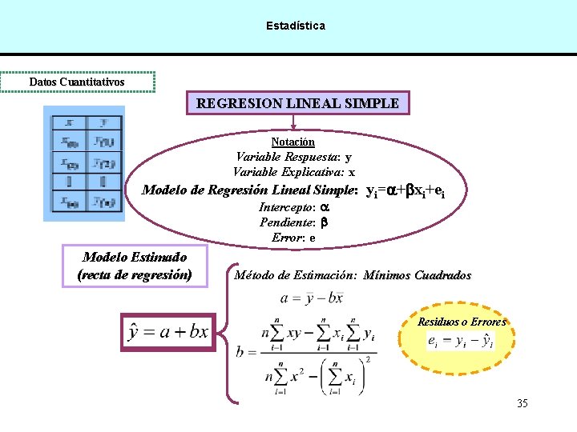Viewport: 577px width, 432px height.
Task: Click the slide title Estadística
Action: pyautogui.click(x=296, y=26)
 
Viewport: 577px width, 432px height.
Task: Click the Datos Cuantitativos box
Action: pyautogui.click(x=77, y=82)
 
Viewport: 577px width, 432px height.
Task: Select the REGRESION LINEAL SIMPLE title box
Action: pyautogui.click(x=297, y=103)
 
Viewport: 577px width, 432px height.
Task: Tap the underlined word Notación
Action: pyautogui.click(x=293, y=142)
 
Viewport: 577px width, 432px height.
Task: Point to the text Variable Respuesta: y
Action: pyautogui.click(x=293, y=157)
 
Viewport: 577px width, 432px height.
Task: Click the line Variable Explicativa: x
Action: pyautogui.click(x=294, y=172)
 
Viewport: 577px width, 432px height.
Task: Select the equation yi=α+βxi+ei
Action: pyautogui.click(x=405, y=191)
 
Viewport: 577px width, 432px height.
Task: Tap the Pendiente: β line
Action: pyautogui.click(x=294, y=222)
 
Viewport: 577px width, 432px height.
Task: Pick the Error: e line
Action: pyautogui.click(x=293, y=237)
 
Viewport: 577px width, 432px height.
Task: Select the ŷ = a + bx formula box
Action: pyautogui.click(x=167, y=330)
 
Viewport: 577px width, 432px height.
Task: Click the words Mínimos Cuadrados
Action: pyautogui.click(x=417, y=275)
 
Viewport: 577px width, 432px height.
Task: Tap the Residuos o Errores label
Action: pyautogui.click(x=462, y=322)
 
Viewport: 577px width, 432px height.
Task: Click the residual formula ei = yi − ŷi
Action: pyautogui.click(x=461, y=342)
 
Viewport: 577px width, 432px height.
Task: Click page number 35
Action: pyautogui.click(x=522, y=403)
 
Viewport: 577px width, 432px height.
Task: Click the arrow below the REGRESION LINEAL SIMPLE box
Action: pyautogui.click(x=294, y=122)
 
